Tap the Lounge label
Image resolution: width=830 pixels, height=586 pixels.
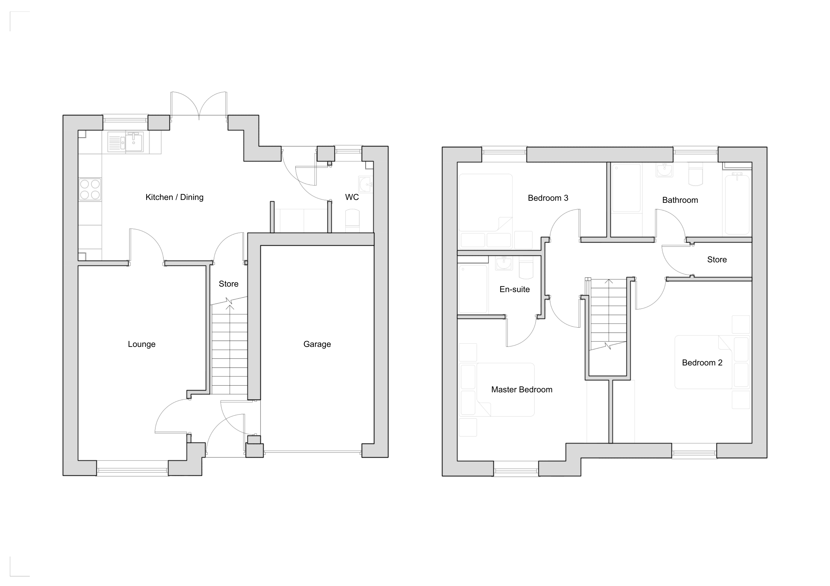coord(142,344)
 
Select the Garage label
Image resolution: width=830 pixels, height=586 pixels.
coord(317,344)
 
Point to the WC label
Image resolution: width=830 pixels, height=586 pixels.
coord(352,197)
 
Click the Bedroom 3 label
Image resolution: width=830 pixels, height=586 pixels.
coord(548,198)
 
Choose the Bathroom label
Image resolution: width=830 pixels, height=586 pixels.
coord(680,200)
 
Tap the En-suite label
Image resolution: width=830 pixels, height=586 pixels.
coord(515,289)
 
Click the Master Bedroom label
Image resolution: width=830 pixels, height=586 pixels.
coord(522,389)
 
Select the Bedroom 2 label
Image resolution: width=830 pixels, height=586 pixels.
coord(702,363)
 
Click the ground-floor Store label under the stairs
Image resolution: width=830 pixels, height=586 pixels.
coord(229,284)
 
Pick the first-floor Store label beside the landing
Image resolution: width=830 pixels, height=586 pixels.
coord(717,260)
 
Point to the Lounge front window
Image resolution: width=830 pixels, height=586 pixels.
coord(132,470)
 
